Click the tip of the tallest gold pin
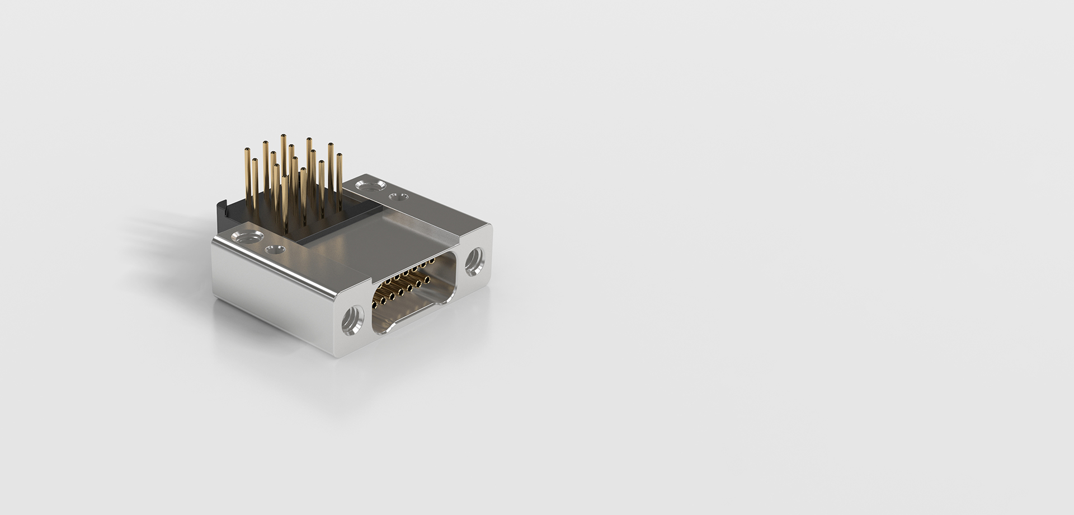[284, 136]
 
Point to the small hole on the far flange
[398, 197]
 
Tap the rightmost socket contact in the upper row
[432, 261]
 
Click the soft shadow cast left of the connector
[168, 224]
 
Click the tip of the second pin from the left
[255, 160]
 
